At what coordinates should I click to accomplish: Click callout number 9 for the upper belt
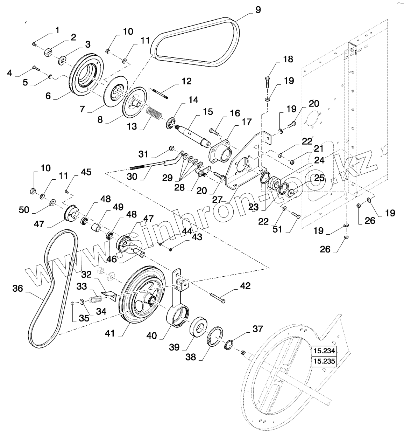click(258, 9)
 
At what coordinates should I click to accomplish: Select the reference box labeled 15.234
click(324, 351)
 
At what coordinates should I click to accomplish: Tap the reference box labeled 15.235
click(324, 361)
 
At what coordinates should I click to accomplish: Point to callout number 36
click(17, 289)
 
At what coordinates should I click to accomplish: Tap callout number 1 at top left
click(57, 30)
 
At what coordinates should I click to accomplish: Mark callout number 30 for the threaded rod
click(132, 177)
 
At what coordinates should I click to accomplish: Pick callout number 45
click(86, 172)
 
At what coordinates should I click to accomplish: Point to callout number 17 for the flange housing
click(246, 122)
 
